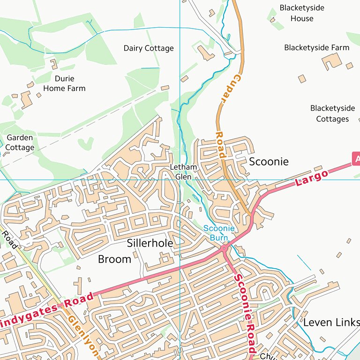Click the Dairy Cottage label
[x=149, y=48]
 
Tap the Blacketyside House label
[x=301, y=13]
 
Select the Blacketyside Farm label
[x=316, y=48]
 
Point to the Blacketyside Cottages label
[x=332, y=113]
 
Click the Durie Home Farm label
[x=64, y=83]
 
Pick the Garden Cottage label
[x=20, y=142]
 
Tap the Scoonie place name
[x=269, y=162]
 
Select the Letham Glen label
[x=183, y=172]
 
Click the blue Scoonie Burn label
[x=218, y=233]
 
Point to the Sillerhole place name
[x=150, y=243]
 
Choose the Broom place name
[x=114, y=259]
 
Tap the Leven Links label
[x=331, y=322]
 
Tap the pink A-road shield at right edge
[x=356, y=158]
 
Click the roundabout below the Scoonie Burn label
[x=225, y=247]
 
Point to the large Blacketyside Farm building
[x=332, y=61]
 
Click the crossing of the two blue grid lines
[x=180, y=180]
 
